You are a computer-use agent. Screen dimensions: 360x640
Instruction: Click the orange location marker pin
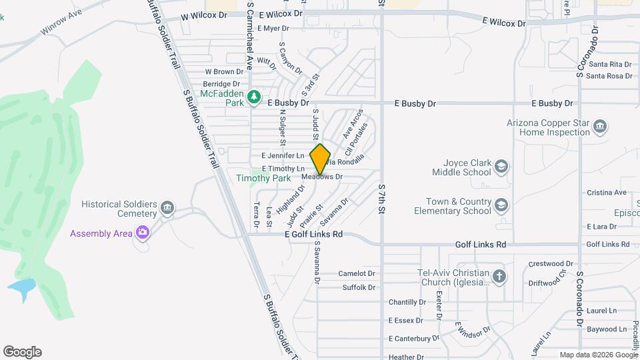coord(321,159)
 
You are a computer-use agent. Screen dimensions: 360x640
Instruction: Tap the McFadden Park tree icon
coord(253,98)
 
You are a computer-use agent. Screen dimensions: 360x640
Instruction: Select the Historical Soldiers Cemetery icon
coord(167,209)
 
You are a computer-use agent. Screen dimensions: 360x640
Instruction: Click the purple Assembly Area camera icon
coord(142,233)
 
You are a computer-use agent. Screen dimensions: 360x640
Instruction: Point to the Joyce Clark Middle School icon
coord(502,166)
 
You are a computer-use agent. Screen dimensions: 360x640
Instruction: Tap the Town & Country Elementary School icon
coord(502,206)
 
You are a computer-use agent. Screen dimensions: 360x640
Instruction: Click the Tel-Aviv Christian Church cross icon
coord(499,276)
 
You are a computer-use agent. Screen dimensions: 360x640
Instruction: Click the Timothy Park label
coord(263,178)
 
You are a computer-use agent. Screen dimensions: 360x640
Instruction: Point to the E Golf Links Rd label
coord(313,235)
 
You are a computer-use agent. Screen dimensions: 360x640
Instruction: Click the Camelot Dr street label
coord(357,273)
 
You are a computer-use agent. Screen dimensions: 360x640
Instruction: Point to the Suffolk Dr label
coord(359,287)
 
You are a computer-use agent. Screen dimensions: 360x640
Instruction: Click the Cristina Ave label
coord(607,193)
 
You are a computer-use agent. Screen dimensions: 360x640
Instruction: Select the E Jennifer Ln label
coord(283,155)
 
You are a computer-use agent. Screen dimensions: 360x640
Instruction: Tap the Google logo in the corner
coord(22,352)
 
